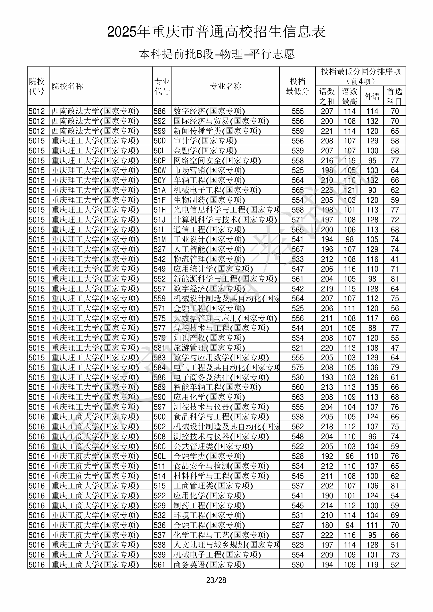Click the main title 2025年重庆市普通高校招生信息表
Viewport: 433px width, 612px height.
pyautogui.click(x=216, y=32)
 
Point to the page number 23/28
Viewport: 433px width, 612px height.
pyautogui.click(x=216, y=580)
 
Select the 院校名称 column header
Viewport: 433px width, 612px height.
pyautogui.click(x=67, y=86)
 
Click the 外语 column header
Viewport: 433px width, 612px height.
pyautogui.click(x=372, y=96)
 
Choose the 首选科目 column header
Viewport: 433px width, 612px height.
pyautogui.click(x=395, y=96)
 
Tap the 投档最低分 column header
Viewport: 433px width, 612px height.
pyautogui.click(x=297, y=86)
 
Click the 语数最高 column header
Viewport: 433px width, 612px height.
pyautogui.click(x=350, y=96)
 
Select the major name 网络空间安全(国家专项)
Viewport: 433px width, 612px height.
pyautogui.click(x=217, y=160)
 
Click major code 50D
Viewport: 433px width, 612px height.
pyautogui.click(x=160, y=141)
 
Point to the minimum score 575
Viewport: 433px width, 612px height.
pyautogui.click(x=298, y=368)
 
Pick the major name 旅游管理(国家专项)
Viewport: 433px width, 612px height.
pyautogui.click(x=209, y=348)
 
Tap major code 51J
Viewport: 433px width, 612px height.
pyautogui.click(x=160, y=220)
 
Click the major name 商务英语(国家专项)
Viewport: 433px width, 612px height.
pyautogui.click(x=209, y=565)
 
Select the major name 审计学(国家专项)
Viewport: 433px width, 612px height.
pyautogui.click(x=205, y=141)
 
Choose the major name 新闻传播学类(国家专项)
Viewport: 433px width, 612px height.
pyautogui.click(x=217, y=131)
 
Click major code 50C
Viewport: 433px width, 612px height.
pyautogui.click(x=160, y=447)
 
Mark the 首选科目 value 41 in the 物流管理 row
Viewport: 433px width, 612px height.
pyautogui.click(x=395, y=259)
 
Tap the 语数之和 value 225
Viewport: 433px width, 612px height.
pyautogui.click(x=327, y=190)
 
